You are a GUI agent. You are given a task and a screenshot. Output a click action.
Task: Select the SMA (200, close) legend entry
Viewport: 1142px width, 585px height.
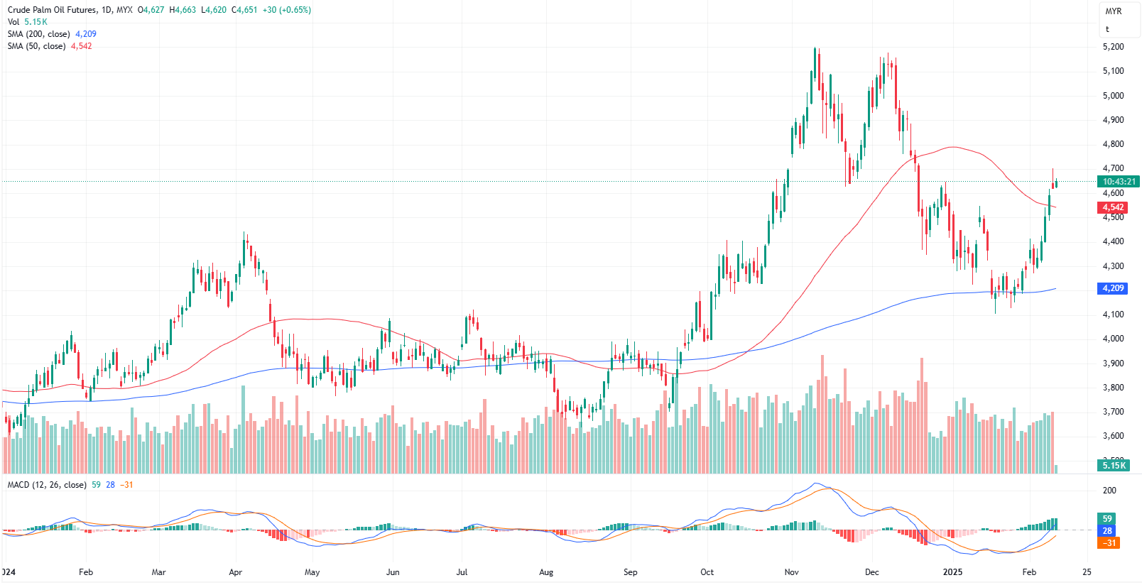[x=39, y=34]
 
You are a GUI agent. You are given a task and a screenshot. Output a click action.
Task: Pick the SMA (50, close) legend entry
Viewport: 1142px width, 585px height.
[x=36, y=46]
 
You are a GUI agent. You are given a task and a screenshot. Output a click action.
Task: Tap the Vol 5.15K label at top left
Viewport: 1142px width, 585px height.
[x=27, y=22]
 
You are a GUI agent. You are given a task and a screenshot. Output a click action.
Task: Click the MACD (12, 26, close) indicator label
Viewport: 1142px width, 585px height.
[x=47, y=485]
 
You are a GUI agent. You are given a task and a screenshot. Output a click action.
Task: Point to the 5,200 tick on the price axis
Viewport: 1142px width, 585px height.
[x=1113, y=47]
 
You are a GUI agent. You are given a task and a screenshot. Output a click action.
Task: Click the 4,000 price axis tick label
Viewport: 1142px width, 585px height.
[x=1113, y=339]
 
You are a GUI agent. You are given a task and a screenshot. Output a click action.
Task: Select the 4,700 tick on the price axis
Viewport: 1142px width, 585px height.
[x=1113, y=168]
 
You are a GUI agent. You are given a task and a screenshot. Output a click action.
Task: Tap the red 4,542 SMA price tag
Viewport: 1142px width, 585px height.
[x=1113, y=207]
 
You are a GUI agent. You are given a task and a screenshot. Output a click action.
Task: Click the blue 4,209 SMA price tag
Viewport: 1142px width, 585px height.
[x=1113, y=288]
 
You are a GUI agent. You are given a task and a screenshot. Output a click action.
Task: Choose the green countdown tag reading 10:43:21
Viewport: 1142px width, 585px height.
[x=1119, y=182]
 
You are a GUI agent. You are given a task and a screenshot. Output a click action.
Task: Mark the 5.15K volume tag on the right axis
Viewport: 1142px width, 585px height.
[x=1114, y=466]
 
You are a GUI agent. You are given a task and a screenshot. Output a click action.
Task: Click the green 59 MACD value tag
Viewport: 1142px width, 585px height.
[x=1107, y=519]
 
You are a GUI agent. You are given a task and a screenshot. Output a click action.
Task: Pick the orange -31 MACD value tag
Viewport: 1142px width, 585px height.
[x=1108, y=543]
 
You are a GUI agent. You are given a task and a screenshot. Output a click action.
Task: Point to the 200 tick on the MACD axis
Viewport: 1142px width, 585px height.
[x=1109, y=491]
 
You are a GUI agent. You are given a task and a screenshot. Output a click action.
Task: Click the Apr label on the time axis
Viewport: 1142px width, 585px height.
[x=236, y=572]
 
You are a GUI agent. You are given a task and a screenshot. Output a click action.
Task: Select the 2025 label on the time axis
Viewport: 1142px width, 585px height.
[x=952, y=572]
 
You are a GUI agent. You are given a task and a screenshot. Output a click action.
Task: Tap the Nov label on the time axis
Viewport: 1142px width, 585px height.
[x=792, y=572]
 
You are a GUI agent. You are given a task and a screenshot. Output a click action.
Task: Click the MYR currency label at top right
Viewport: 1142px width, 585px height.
[x=1114, y=11]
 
